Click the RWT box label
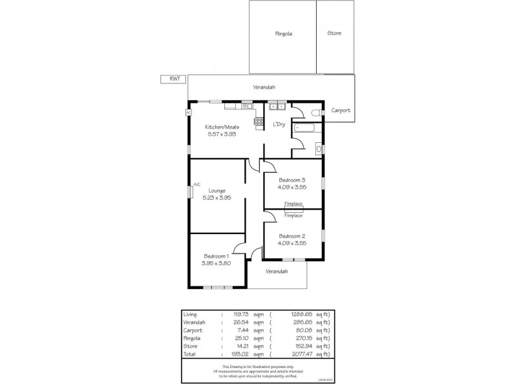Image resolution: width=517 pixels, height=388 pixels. coord(174,79)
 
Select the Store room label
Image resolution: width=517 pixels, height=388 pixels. coord(334,33)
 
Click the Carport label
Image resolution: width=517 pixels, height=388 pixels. coord(341,111)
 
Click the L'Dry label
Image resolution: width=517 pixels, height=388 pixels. coord(279,124)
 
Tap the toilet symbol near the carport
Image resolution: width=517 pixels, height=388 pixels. coord(315,113)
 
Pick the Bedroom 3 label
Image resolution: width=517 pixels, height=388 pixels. coord(291,180)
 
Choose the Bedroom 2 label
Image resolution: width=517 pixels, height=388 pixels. coord(291,236)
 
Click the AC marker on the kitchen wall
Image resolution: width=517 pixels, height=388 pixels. coord(189,112)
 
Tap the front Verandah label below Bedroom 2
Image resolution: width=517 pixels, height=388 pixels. coord(277,271)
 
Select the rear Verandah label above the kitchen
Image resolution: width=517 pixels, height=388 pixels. coord(264,87)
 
